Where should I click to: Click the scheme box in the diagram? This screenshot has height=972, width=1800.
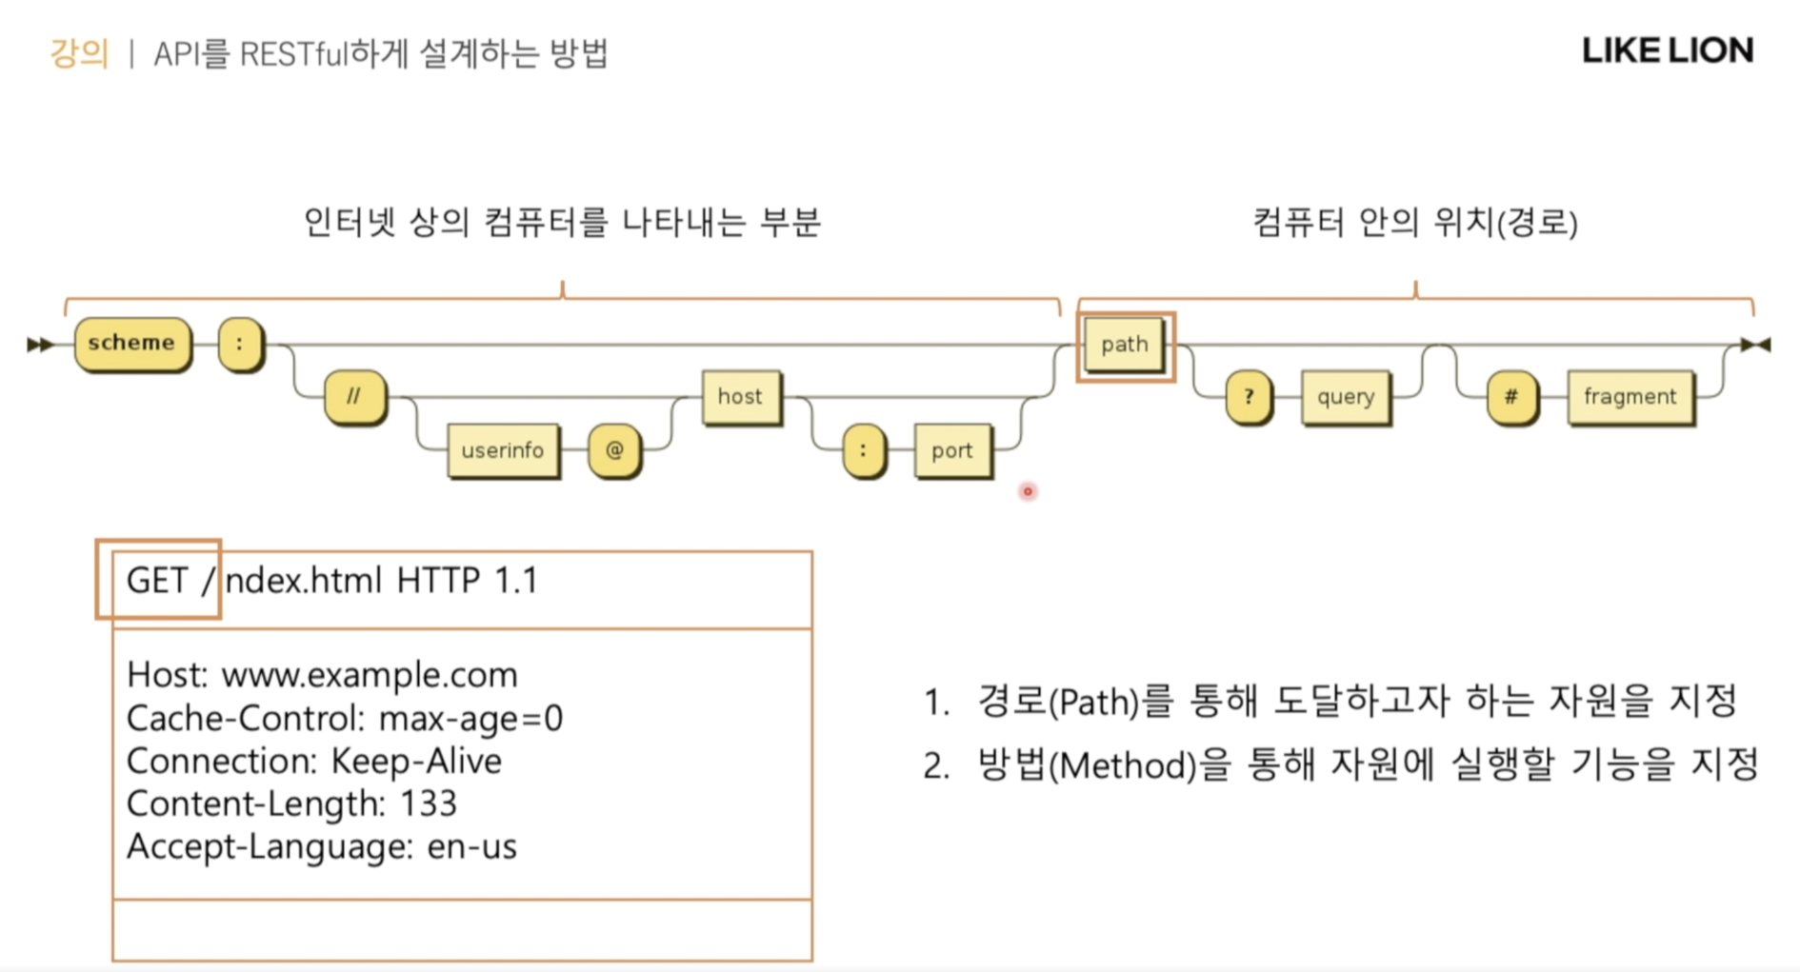pos(131,343)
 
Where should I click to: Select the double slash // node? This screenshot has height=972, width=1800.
pos(354,396)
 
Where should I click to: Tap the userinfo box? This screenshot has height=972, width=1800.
pos(502,449)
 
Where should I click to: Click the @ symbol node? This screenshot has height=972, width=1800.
pos(614,449)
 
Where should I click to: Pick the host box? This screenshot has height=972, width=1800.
pos(740,396)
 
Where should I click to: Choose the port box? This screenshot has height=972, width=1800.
pos(951,449)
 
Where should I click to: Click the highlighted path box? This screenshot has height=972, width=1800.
pos(1125,345)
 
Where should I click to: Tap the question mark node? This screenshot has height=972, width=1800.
pos(1248,396)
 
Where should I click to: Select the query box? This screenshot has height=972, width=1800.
pos(1345,396)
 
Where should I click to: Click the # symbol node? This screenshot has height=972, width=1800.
pos(1511,396)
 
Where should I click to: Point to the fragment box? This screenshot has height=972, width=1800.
pos(1630,396)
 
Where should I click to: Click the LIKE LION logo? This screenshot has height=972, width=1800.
pos(1668,50)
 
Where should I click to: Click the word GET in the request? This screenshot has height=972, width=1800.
pos(157,580)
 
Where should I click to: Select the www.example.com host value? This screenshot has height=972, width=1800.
pos(370,675)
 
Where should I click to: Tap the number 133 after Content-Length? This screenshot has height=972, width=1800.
pos(429,803)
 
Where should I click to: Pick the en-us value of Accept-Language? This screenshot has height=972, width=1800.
pos(471,846)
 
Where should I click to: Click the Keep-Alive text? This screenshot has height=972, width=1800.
pos(416,761)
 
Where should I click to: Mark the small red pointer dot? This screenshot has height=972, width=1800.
pos(1028,491)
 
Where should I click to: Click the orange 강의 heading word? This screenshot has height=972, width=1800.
pos(79,52)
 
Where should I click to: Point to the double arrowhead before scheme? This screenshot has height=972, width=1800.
pos(40,344)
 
